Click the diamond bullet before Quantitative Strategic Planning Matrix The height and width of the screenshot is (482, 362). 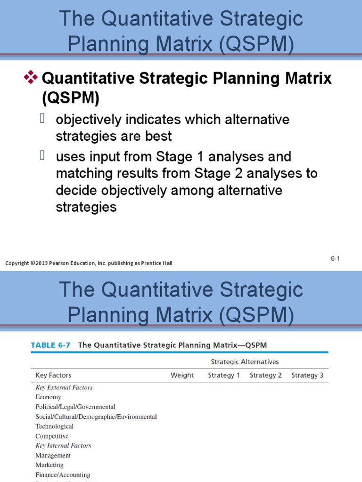pos(31,78)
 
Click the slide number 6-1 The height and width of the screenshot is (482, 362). pos(335,258)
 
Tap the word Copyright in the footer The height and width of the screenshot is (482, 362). pos(17,263)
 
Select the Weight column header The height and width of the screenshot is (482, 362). pos(182,375)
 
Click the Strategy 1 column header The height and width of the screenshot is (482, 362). pos(224,375)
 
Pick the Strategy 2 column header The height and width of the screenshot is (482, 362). pos(265,375)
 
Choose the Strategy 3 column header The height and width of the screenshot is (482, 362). pos(307,375)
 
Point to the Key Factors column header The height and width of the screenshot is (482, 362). pos(53,375)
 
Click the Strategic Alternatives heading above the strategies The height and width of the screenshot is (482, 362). pos(245,361)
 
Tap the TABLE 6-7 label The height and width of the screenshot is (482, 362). pos(50,345)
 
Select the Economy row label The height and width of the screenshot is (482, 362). pos(48,397)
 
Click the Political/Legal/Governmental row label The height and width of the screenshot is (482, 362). pos(75,407)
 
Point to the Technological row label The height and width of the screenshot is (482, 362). pos(54,426)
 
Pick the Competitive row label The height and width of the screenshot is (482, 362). pos(52,436)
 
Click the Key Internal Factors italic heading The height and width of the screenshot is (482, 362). pos(63,445)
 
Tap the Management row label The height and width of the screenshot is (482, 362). pos(53,455)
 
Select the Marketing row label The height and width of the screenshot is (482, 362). pos(50,465)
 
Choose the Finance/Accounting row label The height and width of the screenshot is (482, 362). pos(63,475)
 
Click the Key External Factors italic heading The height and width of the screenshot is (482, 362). pos(64,387)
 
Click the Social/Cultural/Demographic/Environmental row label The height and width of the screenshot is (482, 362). pos(96,417)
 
